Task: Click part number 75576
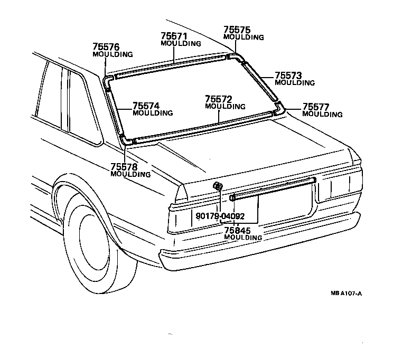[106, 47]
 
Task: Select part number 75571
[174, 36]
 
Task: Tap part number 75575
[237, 30]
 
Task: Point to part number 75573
[288, 75]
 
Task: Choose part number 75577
[316, 107]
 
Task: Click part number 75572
[218, 99]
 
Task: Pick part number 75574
[145, 106]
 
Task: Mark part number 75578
[124, 167]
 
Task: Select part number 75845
[237, 230]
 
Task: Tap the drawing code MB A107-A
[346, 294]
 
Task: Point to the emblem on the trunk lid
[217, 187]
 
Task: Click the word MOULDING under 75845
[243, 238]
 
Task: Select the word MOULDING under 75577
[322, 115]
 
